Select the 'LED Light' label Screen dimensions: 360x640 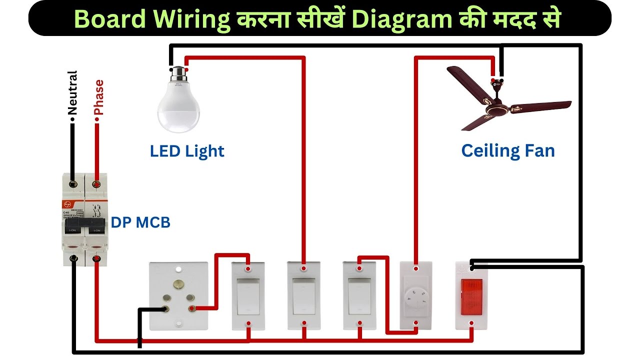tap(187, 151)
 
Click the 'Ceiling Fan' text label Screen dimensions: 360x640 tap(508, 151)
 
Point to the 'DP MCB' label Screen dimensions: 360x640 tap(140, 223)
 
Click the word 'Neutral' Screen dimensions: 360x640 tap(72, 92)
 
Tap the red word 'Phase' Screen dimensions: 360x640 tap(99, 97)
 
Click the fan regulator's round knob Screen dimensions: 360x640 tap(416, 298)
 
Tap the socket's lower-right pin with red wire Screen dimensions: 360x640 tap(190, 309)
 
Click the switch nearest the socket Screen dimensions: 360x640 tap(248, 296)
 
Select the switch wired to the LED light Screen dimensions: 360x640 tap(303, 296)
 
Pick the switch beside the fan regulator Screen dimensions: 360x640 tap(359, 296)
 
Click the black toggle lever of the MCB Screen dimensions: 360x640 tap(85, 227)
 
